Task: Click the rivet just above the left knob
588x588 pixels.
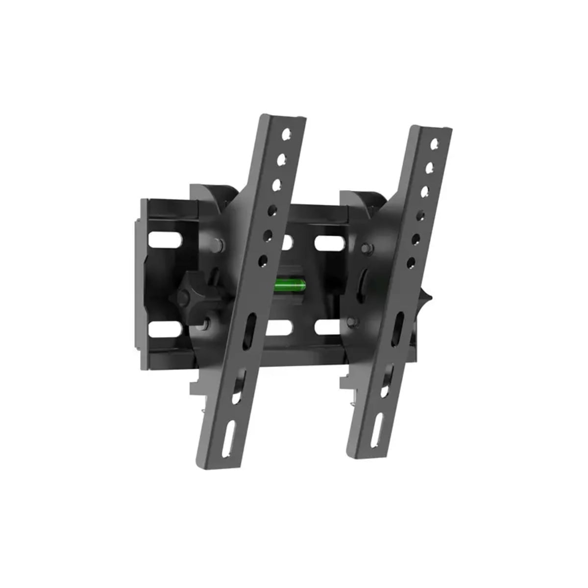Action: [x=216, y=242]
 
